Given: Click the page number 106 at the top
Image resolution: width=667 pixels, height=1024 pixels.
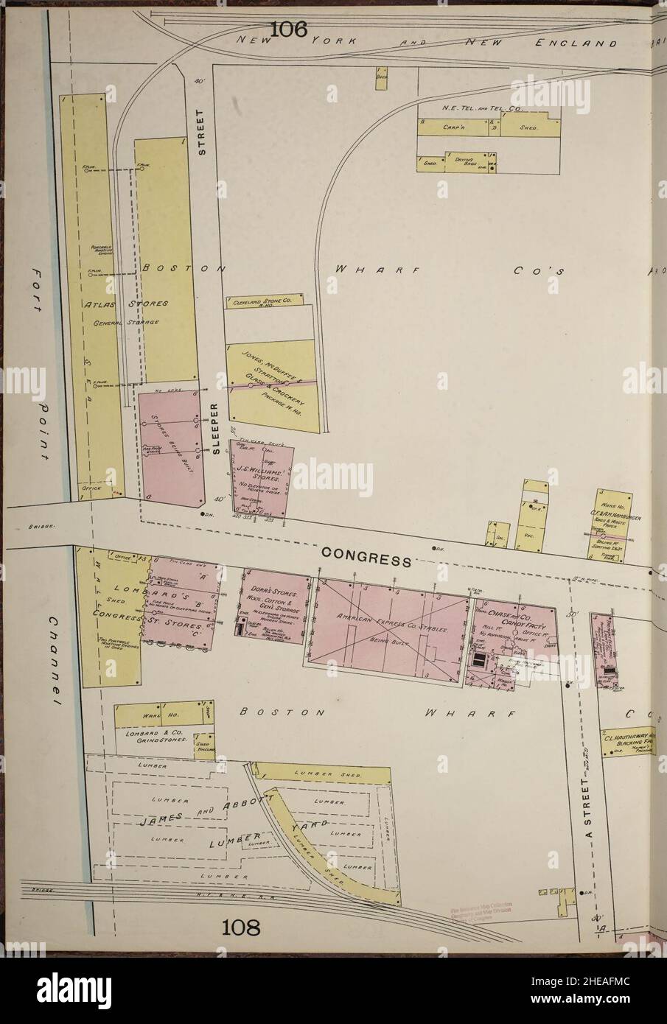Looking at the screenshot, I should point(288,29).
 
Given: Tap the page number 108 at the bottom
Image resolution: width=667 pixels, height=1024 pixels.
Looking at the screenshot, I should point(243,926).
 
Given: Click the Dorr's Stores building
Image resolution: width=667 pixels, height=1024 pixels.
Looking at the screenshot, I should point(273,606).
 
